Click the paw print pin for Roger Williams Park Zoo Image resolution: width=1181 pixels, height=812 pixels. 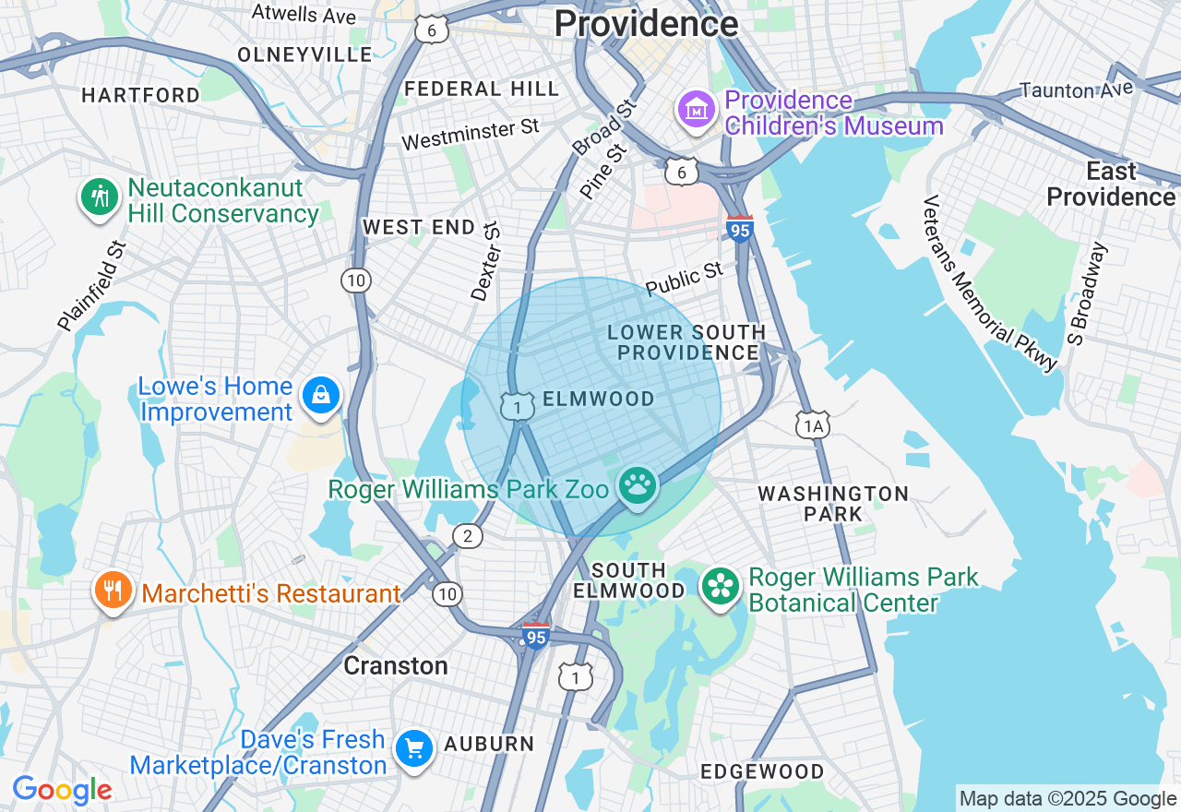(637, 485)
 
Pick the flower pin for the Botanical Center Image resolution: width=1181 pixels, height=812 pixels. (721, 587)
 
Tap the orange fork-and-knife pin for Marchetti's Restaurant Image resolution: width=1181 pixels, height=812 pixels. (113, 591)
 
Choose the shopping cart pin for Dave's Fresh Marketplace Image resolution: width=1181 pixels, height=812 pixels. (413, 749)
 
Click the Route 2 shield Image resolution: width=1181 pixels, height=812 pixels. (468, 536)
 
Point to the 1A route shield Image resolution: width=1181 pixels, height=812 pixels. (812, 425)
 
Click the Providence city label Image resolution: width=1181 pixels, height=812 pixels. (646, 23)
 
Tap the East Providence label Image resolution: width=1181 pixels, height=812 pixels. (1111, 184)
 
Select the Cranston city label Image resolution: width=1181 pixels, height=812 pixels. (395, 665)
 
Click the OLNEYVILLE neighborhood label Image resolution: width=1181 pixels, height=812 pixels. (304, 54)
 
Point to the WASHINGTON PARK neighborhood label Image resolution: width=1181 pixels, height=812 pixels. (833, 504)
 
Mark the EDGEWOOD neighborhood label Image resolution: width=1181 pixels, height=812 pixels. (762, 771)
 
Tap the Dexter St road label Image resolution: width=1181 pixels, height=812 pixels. (484, 261)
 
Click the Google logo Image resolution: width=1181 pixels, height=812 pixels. (62, 790)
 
